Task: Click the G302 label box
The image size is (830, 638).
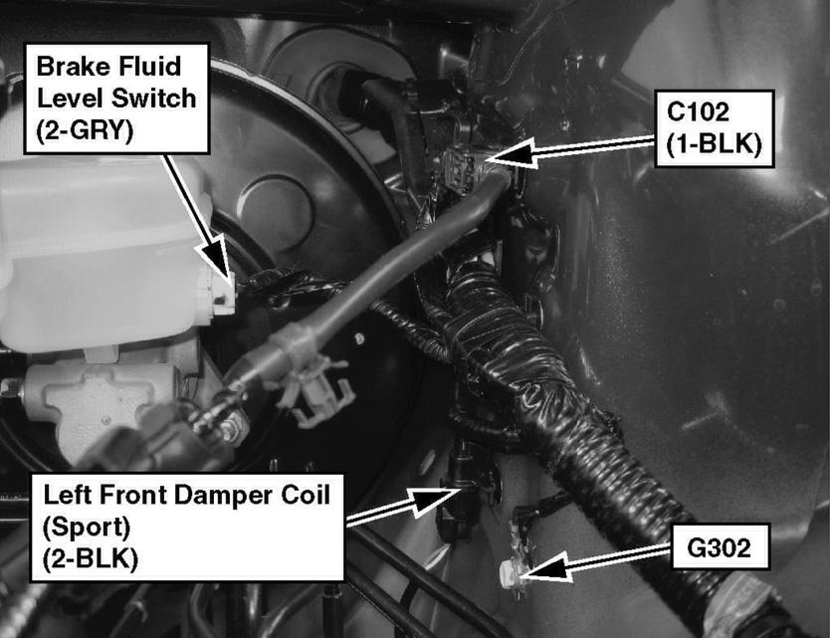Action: pos(721,547)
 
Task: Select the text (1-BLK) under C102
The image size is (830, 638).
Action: pos(714,144)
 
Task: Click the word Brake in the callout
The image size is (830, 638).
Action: pos(73,67)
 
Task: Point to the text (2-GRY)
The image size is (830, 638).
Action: pos(85,130)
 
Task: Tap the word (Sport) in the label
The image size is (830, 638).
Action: pos(87,527)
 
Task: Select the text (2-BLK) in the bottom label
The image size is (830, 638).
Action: pos(91,558)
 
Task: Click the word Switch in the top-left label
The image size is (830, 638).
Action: pos(158,99)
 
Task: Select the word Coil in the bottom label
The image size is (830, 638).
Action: pos(309,495)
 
